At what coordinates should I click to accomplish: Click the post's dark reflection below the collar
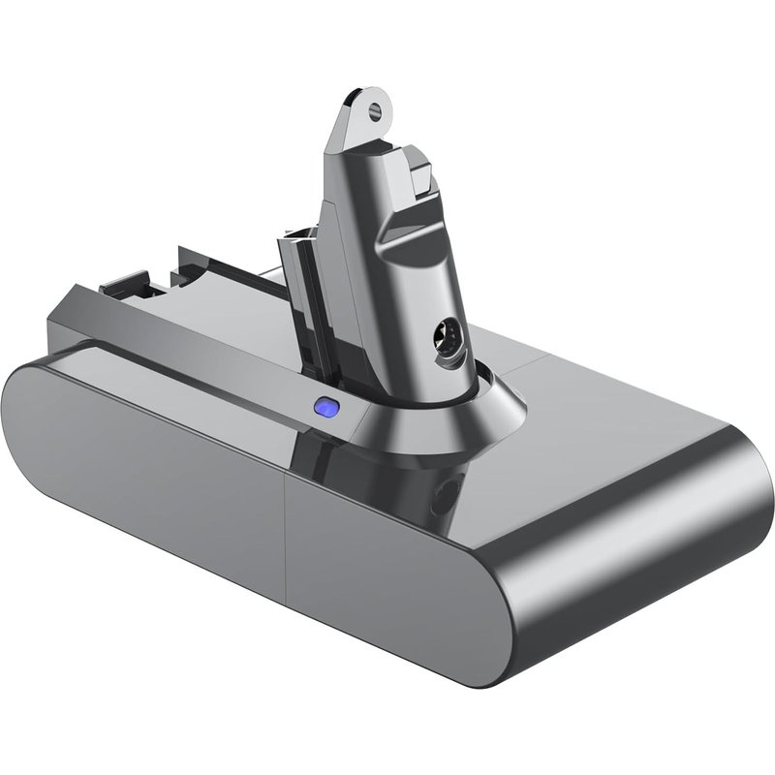(407, 484)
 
